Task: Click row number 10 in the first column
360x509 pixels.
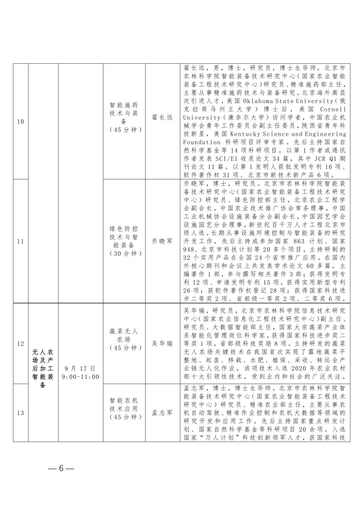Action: point(20,122)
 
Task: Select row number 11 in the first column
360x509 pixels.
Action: point(20,241)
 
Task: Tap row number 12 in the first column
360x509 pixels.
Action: point(20,343)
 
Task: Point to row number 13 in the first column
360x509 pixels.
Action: point(20,413)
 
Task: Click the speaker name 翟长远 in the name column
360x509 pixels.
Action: point(162,117)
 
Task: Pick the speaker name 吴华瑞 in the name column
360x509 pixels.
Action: point(162,343)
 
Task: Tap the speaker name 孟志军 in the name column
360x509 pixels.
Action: point(162,413)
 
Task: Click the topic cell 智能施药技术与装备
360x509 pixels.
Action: point(124,117)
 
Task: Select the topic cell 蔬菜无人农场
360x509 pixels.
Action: point(124,339)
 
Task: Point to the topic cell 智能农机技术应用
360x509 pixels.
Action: point(124,408)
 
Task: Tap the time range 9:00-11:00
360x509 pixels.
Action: point(80,377)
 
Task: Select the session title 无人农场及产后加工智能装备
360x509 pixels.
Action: point(43,368)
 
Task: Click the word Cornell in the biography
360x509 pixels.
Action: point(333,109)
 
